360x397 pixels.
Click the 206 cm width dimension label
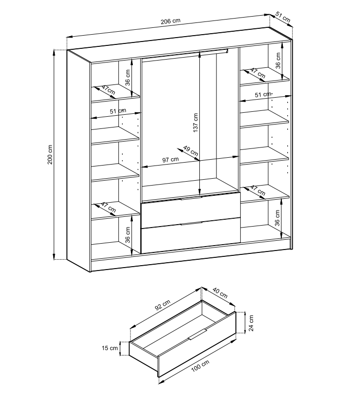[170, 21]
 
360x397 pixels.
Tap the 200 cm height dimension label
[50, 154]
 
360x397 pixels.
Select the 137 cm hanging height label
[195, 123]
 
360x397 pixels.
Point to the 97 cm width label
[170, 160]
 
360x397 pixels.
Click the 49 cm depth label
[191, 151]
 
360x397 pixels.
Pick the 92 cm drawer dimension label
[163, 305]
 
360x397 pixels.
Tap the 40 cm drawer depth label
[220, 293]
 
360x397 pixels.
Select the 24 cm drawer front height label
[251, 323]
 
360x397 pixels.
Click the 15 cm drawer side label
[110, 348]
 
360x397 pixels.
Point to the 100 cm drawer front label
[200, 366]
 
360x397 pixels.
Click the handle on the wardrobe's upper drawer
[191, 198]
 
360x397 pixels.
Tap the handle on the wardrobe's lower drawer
[191, 223]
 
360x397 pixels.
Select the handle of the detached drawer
[198, 334]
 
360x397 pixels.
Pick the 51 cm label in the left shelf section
[118, 111]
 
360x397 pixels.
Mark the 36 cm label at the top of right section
[278, 61]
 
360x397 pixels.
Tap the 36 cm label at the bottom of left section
[128, 235]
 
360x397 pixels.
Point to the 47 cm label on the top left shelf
[108, 90]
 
